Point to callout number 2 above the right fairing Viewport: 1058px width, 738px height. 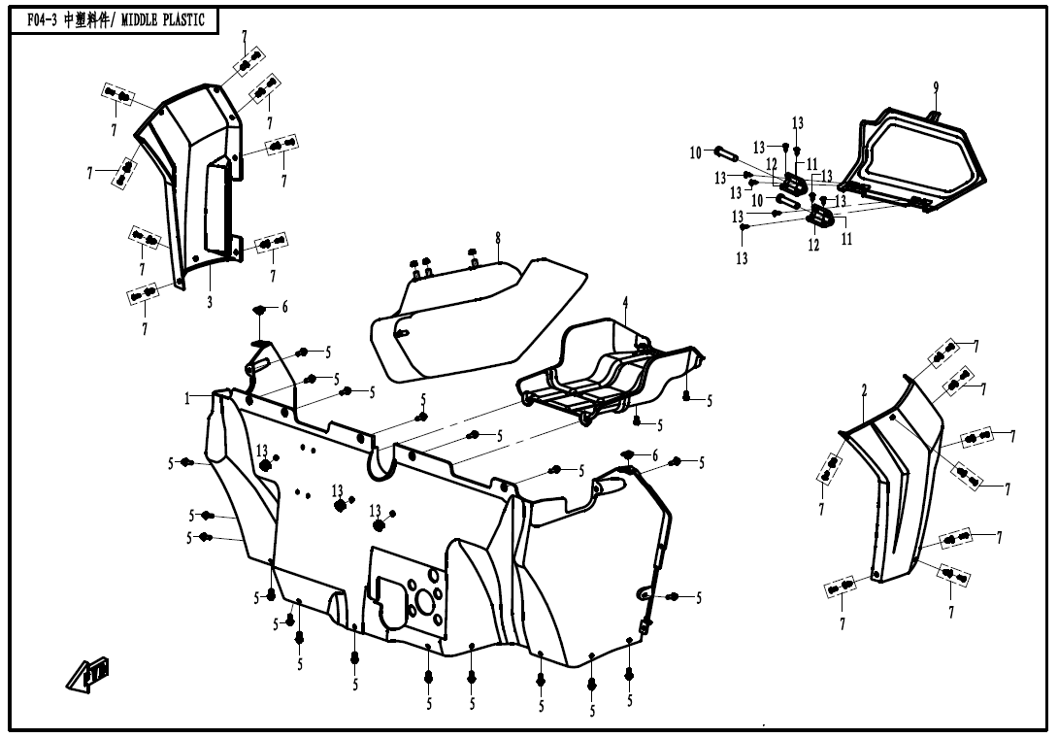pos(863,390)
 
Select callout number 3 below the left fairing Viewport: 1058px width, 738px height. pos(210,302)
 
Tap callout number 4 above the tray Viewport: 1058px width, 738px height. pos(625,302)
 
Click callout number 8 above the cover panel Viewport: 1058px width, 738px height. pos(497,237)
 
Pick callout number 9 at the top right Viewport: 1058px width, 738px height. pos(936,87)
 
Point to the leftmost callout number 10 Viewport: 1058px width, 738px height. pos(695,152)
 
